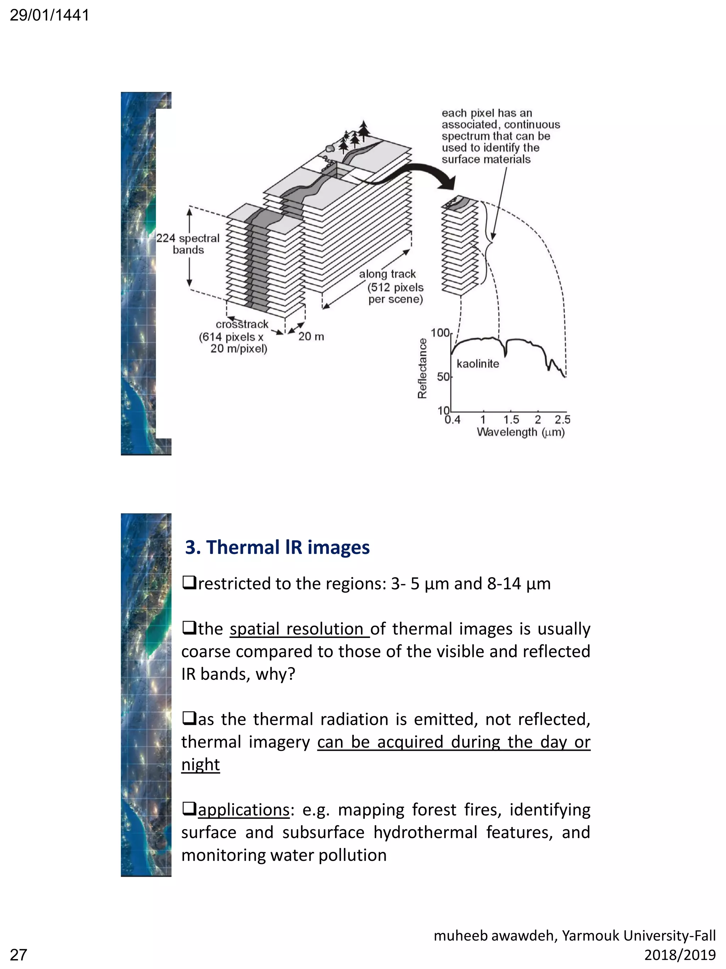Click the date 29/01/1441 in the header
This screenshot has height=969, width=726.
[x=49, y=15]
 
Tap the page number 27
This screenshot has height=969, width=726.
[x=18, y=954]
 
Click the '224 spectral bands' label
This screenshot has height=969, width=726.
[x=188, y=244]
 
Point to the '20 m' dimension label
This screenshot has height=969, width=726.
[x=311, y=336]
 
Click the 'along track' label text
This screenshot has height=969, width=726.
[x=387, y=274]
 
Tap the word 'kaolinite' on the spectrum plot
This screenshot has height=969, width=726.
[x=478, y=364]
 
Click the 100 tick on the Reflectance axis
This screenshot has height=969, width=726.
[x=440, y=333]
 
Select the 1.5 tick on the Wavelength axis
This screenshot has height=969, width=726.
[x=511, y=420]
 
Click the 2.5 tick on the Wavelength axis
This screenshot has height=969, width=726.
[x=562, y=420]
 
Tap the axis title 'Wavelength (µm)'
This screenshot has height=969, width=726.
[x=520, y=433]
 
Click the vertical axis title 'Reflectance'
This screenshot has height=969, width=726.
[x=422, y=368]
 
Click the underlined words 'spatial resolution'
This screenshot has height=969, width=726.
[x=299, y=629]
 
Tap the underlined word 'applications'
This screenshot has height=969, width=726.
[x=243, y=810]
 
